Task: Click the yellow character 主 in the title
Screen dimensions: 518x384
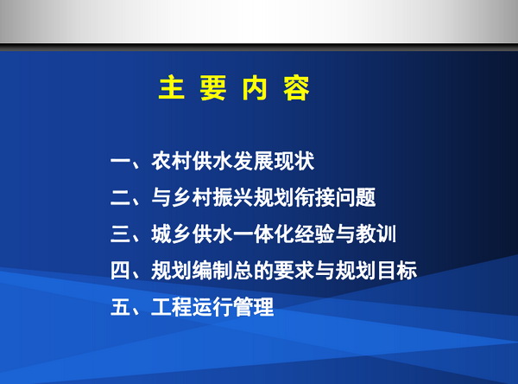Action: (x=172, y=87)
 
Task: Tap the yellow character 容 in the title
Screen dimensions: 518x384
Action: (x=296, y=87)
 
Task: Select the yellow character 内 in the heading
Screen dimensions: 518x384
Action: (x=255, y=87)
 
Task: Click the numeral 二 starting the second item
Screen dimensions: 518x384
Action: (x=120, y=197)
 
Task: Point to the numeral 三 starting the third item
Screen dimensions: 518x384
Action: (x=120, y=234)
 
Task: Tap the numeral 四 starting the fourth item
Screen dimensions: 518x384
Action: (x=120, y=271)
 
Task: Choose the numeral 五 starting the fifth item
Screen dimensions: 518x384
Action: (x=120, y=307)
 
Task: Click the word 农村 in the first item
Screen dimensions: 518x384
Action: (x=172, y=161)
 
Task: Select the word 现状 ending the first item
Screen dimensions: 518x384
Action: (x=294, y=161)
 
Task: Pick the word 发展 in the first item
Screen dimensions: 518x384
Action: (x=253, y=161)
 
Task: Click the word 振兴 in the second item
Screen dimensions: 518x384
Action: (x=233, y=197)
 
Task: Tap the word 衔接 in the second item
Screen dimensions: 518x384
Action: (x=314, y=197)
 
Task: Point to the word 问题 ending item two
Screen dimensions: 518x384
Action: (x=356, y=197)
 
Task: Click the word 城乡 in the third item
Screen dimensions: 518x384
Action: (x=172, y=234)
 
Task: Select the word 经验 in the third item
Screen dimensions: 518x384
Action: (x=314, y=234)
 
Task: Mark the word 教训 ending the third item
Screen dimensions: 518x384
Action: (x=376, y=234)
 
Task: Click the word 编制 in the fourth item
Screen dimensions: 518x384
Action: (x=212, y=271)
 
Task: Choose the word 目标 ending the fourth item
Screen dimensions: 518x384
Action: (x=396, y=271)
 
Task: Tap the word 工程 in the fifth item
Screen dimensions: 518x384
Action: (x=172, y=307)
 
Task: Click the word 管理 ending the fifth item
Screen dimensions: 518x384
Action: (x=253, y=307)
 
